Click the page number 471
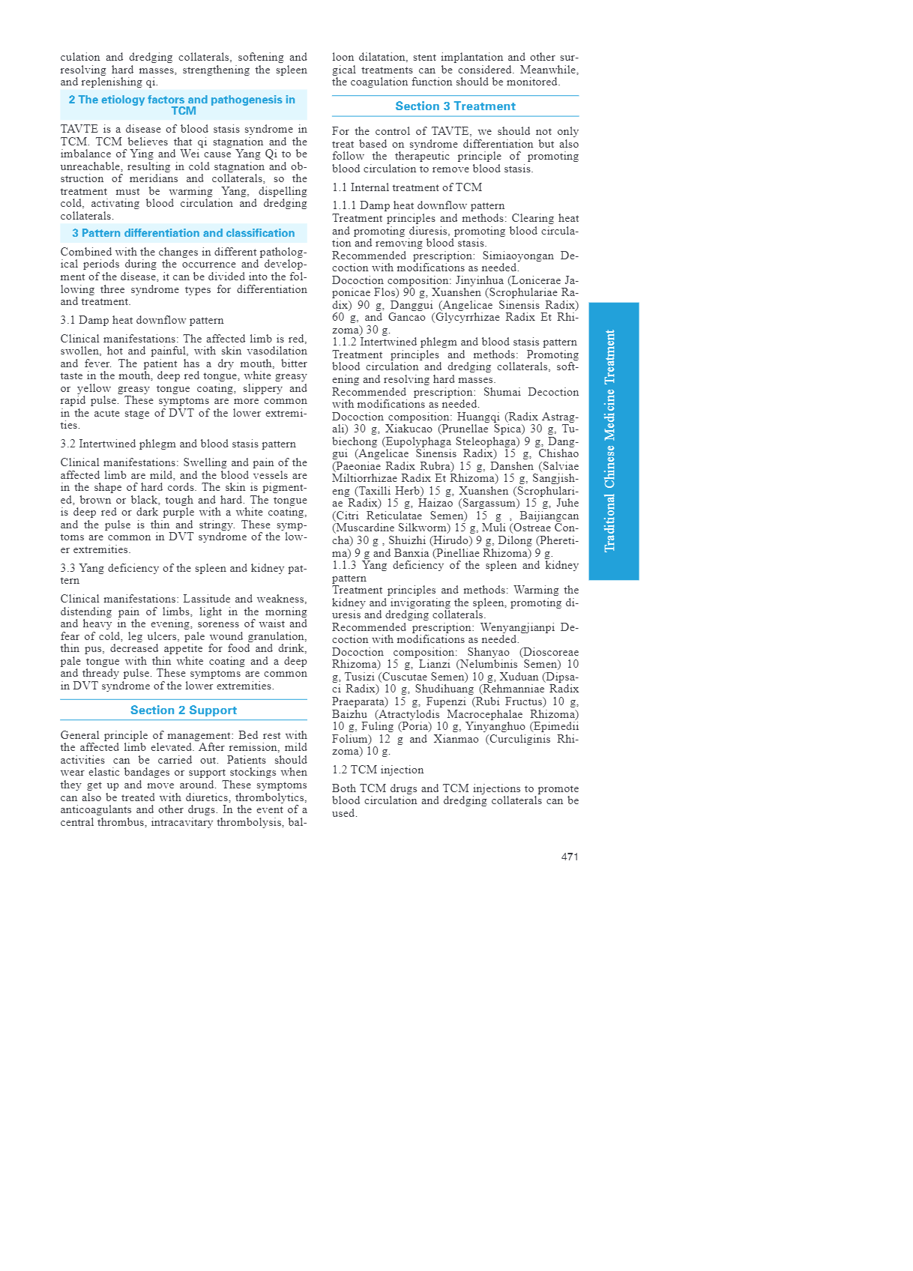(570, 857)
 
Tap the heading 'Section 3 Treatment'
(455, 106)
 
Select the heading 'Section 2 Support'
(184, 710)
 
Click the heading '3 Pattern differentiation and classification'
(184, 233)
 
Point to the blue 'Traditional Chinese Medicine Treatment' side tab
(613, 441)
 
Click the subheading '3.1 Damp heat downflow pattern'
(142, 320)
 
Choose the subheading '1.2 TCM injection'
(378, 770)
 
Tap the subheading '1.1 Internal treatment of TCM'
(407, 187)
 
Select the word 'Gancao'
(406, 317)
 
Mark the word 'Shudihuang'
(445, 689)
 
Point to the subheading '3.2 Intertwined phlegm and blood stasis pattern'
(178, 444)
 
